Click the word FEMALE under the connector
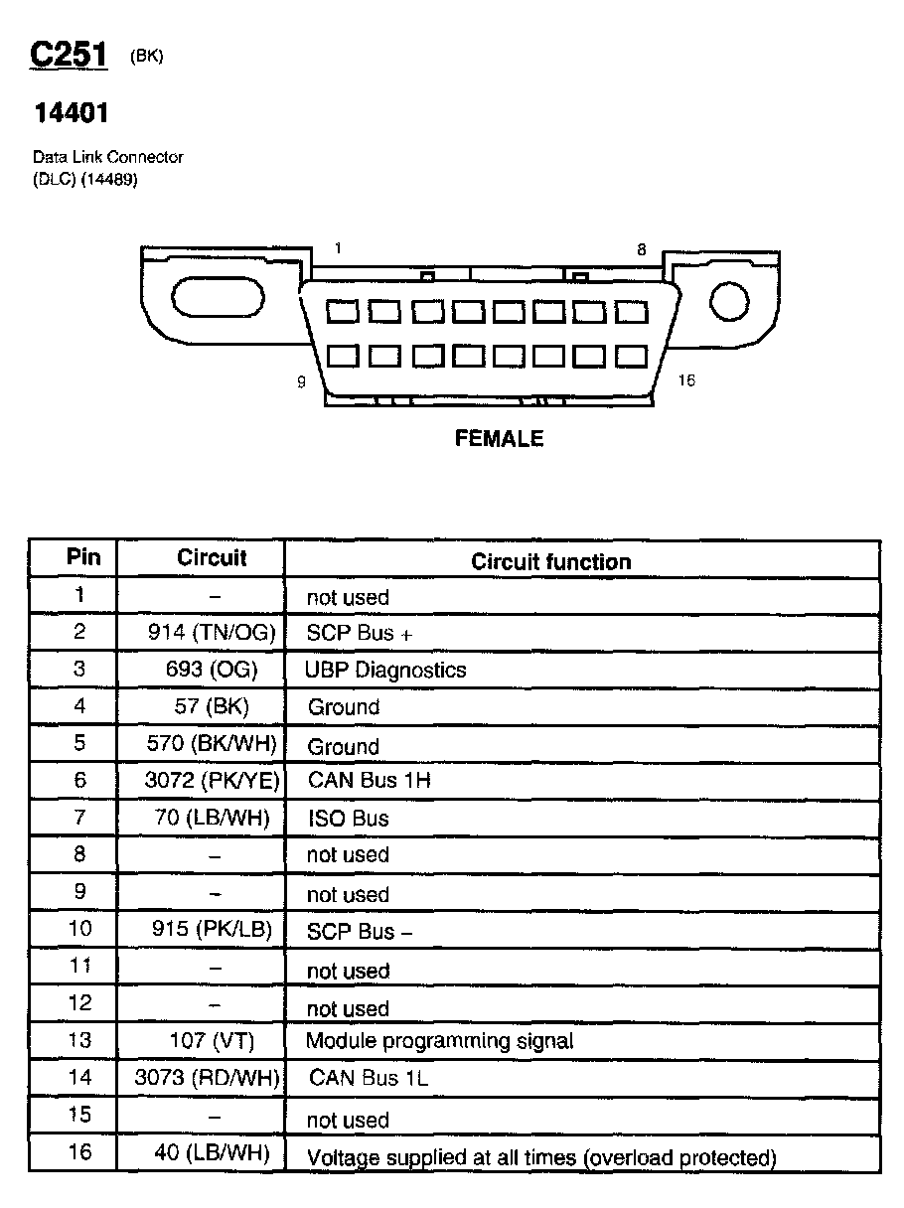click(x=499, y=438)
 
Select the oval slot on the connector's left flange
click(x=219, y=298)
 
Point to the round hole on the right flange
click(x=728, y=300)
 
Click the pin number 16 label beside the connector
click(x=686, y=381)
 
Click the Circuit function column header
click(x=550, y=561)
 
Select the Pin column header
click(x=83, y=556)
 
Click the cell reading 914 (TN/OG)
click(x=211, y=632)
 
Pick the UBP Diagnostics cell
click(x=385, y=670)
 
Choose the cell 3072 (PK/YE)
click(x=213, y=781)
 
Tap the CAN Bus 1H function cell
click(x=369, y=781)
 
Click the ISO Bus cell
click(x=348, y=819)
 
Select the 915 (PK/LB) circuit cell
click(x=212, y=930)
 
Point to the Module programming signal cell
click(x=439, y=1041)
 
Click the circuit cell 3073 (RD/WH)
click(x=208, y=1077)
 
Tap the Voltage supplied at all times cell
click(x=540, y=1157)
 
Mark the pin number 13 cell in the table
click(x=79, y=1040)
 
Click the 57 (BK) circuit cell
click(x=211, y=706)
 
